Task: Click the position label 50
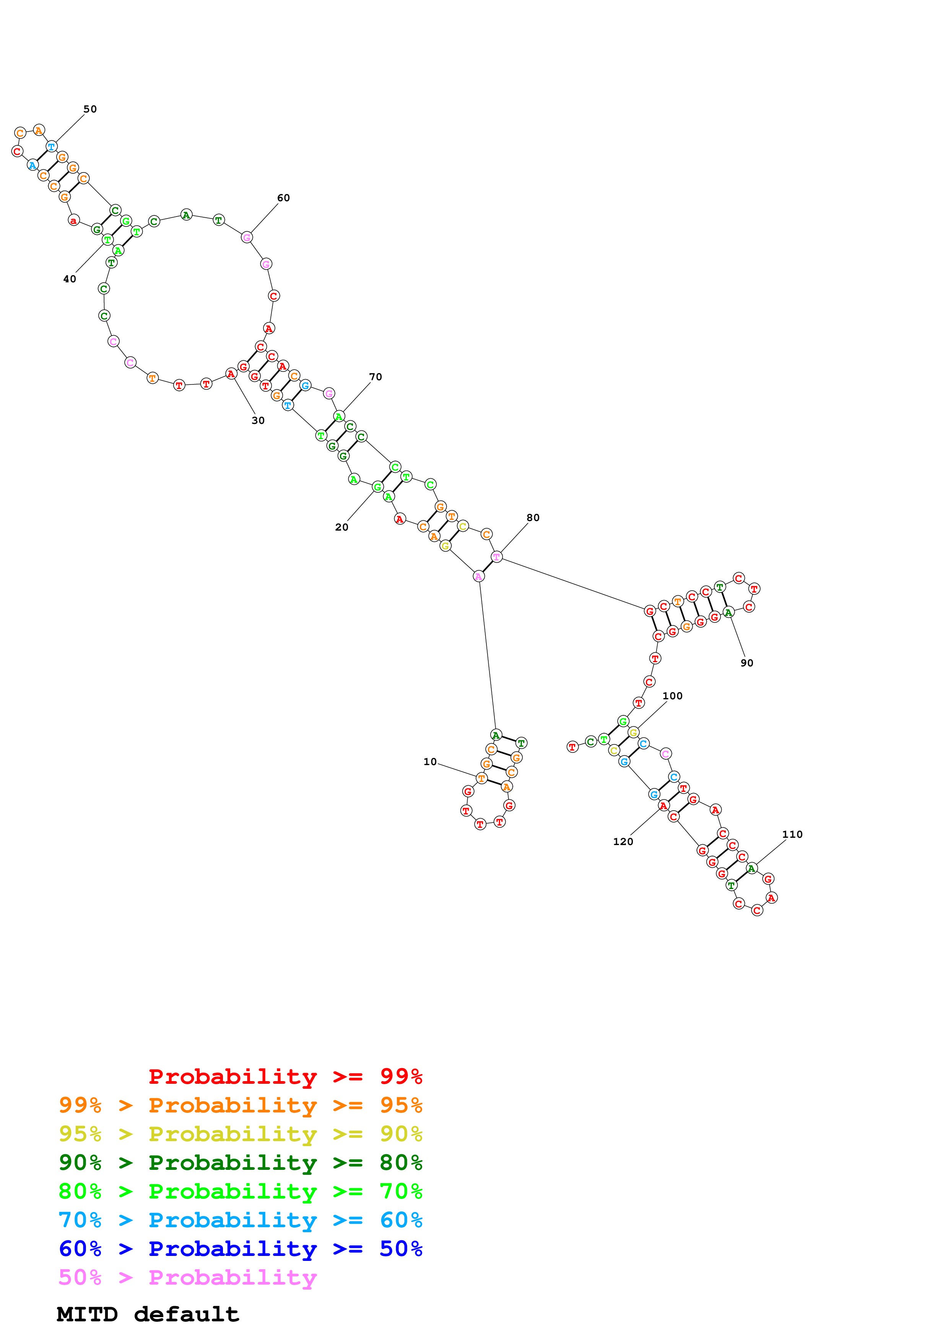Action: point(90,109)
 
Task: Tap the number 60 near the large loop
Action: point(283,198)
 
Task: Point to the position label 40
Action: point(70,279)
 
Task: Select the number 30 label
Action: point(258,421)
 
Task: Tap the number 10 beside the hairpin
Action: point(430,762)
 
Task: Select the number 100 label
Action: point(672,696)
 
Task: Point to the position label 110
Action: point(792,835)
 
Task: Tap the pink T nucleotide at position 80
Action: point(496,557)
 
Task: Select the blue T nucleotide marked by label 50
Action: point(51,147)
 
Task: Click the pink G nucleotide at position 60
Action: point(247,237)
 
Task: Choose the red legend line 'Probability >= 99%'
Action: point(285,1077)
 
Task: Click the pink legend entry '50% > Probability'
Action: point(187,1278)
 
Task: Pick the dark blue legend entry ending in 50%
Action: point(240,1249)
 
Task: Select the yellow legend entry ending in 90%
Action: point(240,1134)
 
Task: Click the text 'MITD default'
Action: point(148,1314)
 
